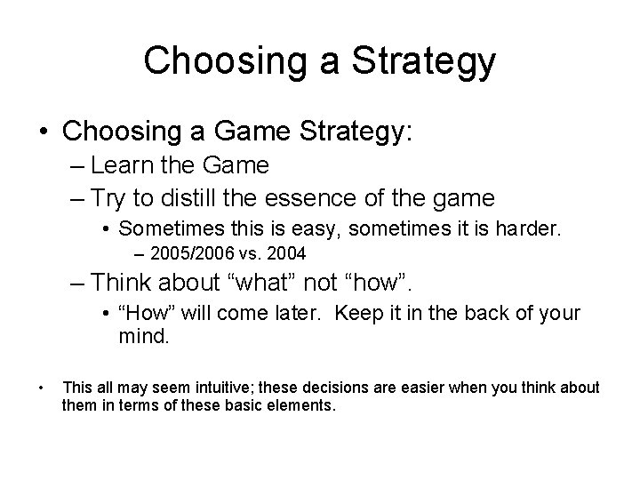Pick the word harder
[529, 228]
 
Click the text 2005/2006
[191, 254]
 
